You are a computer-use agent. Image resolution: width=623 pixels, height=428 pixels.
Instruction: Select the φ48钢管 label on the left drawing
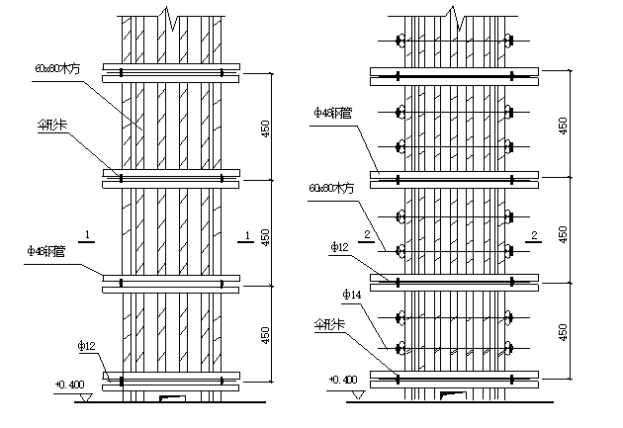tap(47, 250)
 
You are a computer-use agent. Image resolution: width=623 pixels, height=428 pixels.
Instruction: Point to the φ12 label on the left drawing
tap(86, 346)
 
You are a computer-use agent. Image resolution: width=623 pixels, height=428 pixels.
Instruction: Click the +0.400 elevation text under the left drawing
tap(69, 382)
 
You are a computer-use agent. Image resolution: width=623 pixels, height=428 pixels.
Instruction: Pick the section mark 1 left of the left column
tap(88, 234)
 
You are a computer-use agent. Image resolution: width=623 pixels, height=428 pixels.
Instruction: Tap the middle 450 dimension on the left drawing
tap(264, 234)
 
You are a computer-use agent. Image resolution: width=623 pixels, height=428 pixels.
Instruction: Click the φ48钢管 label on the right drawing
tap(328, 112)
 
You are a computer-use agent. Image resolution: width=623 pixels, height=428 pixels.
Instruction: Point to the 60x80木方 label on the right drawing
tap(330, 187)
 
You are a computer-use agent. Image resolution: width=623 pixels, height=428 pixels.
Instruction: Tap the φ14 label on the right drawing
tap(351, 295)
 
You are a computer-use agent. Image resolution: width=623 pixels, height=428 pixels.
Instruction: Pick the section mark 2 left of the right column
tap(367, 234)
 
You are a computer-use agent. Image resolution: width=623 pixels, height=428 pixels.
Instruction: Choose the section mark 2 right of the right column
tap(534, 234)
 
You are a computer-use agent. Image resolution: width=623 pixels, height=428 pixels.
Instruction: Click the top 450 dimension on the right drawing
tap(564, 125)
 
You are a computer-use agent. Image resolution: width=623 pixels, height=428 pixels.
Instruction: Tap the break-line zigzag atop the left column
tap(174, 17)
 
